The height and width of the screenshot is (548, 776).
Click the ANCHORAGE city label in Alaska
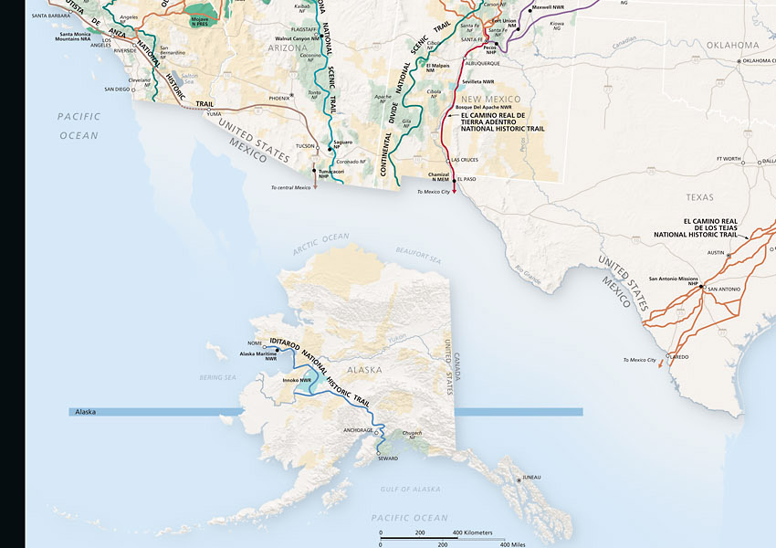pos(356,429)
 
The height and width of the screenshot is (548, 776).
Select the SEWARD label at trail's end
pos(388,458)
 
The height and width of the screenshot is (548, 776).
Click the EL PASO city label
pos(467,179)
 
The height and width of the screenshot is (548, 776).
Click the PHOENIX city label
pos(278,97)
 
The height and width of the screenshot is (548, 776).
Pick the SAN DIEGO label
pos(117,90)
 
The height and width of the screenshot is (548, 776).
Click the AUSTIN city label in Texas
pos(715,252)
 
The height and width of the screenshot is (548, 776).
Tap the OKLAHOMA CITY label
pos(759,61)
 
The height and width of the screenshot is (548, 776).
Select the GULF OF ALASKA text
pos(410,490)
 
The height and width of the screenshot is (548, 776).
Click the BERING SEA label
pos(217,376)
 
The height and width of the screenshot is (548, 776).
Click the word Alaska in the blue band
pos(83,413)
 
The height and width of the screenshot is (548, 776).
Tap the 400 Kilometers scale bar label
pos(473,532)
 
